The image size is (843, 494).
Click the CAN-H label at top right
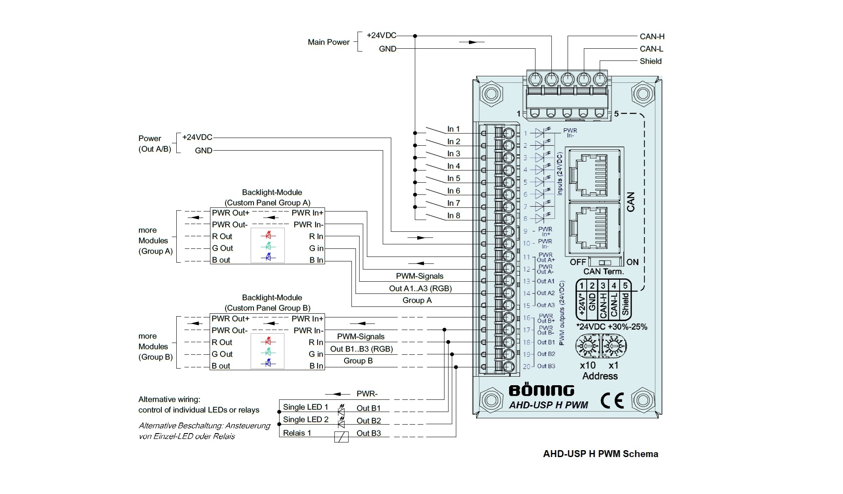tap(652, 37)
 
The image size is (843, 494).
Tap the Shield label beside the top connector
tap(650, 61)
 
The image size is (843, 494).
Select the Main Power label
tap(328, 42)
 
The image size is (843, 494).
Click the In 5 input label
tap(454, 179)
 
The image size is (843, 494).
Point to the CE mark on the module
tap(612, 401)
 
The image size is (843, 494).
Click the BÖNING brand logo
tap(542, 390)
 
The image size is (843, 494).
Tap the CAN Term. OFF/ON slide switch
tap(605, 263)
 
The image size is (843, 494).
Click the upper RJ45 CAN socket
tap(594, 174)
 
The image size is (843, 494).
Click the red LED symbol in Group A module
tap(268, 235)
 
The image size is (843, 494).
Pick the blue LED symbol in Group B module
tap(268, 363)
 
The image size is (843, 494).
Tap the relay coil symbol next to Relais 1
tap(341, 437)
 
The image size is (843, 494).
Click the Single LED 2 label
tap(306, 420)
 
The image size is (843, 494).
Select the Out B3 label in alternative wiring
tap(369, 433)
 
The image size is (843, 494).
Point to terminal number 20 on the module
tap(527, 367)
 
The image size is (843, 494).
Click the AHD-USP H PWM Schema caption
tap(600, 454)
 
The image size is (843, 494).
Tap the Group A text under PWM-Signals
tap(417, 300)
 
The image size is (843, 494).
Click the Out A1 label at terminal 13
tap(546, 281)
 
